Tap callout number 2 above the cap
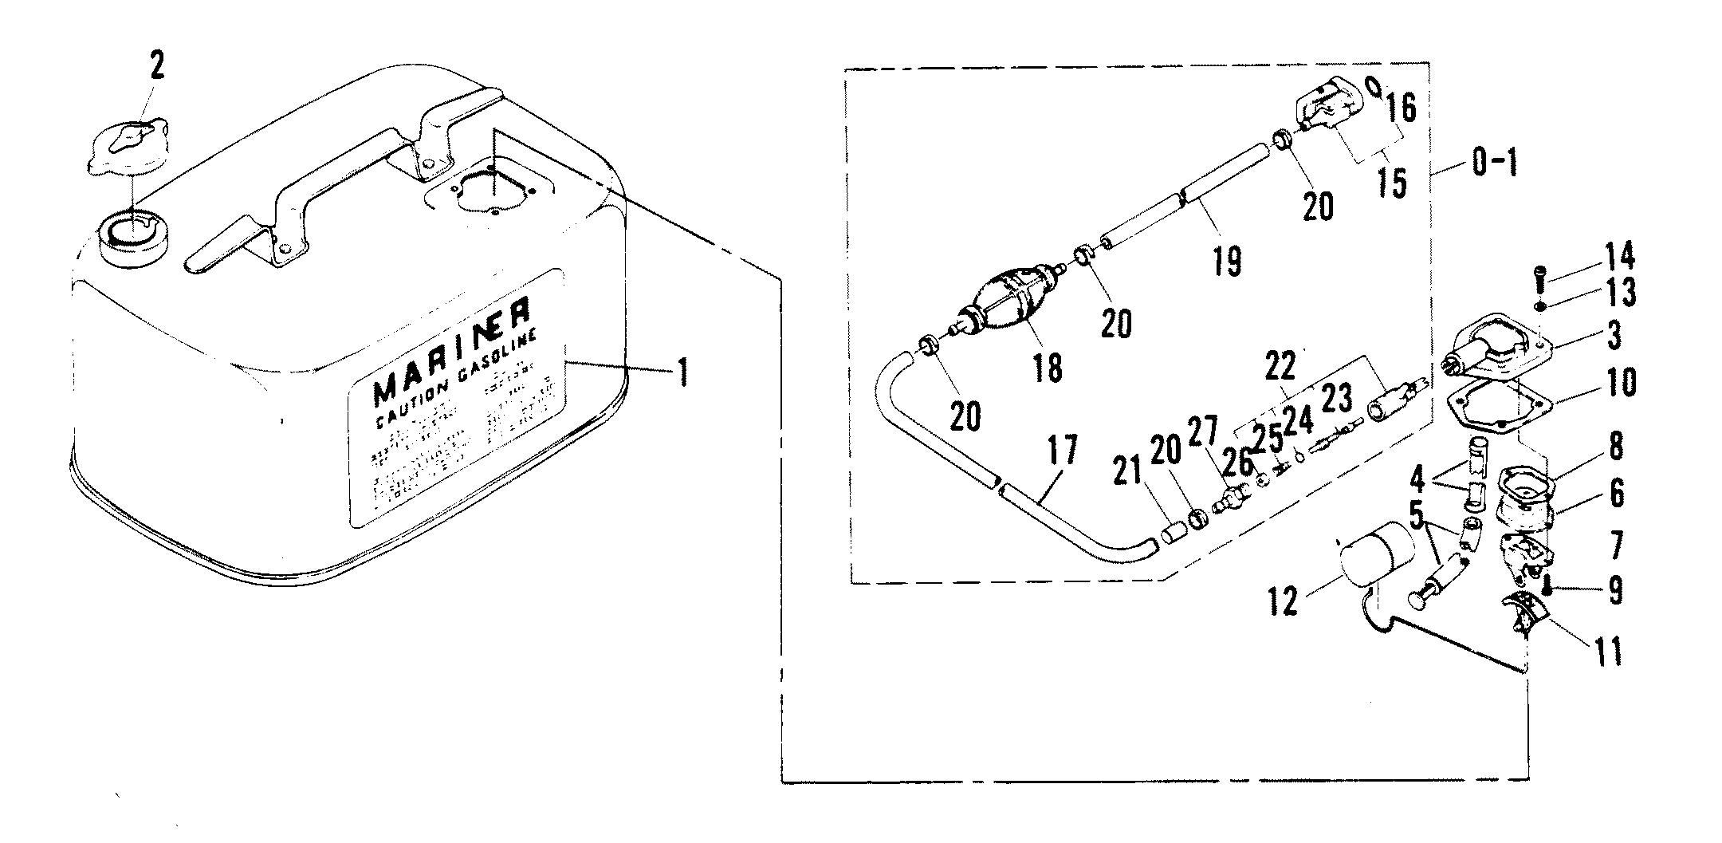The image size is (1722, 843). [x=157, y=65]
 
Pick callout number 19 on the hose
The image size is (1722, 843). [x=1228, y=261]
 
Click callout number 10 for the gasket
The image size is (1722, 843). [x=1620, y=383]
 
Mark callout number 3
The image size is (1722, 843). [x=1614, y=336]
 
